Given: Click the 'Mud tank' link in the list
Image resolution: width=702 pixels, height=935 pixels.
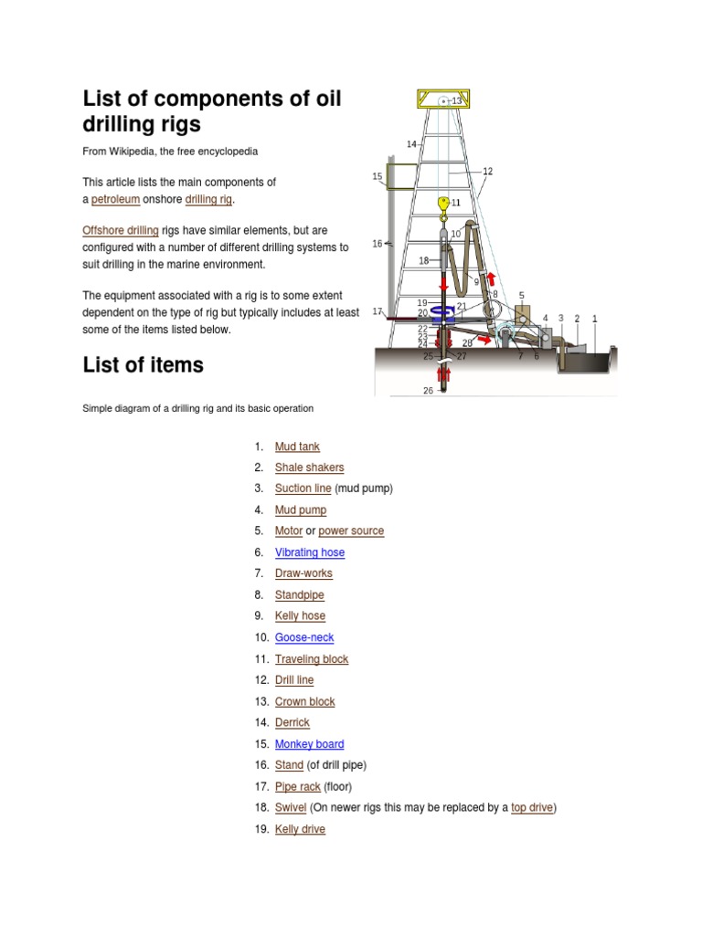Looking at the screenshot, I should (297, 446).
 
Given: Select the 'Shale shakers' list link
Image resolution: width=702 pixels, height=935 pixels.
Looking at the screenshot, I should (309, 467).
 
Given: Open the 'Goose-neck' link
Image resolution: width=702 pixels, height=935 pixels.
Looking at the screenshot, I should (304, 637).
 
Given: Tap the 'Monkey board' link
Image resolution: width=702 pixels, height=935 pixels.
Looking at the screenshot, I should (309, 744).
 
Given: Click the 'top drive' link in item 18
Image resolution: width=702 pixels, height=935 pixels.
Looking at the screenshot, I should (532, 808).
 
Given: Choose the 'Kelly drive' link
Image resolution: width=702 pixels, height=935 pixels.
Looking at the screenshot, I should (300, 829).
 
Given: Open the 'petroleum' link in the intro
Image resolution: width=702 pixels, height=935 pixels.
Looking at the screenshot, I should (115, 199).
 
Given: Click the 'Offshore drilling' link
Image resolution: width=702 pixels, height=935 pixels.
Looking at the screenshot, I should (121, 231).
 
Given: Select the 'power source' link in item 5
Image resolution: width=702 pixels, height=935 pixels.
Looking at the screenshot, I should (351, 531).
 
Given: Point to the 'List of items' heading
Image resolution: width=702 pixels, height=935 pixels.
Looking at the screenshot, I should (144, 365).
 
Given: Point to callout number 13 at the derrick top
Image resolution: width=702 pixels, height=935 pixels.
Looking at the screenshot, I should (457, 100).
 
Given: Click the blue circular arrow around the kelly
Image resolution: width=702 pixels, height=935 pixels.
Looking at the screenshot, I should (443, 312).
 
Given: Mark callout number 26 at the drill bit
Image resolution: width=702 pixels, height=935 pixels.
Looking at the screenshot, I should (428, 391).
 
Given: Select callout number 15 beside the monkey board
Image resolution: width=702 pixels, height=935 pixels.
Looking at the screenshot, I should (378, 176).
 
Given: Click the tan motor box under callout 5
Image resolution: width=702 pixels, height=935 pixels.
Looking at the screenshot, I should (522, 313).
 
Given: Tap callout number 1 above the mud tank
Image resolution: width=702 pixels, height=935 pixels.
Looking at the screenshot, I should (595, 319).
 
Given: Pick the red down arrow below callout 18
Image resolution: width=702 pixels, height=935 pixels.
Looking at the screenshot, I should (444, 284).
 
